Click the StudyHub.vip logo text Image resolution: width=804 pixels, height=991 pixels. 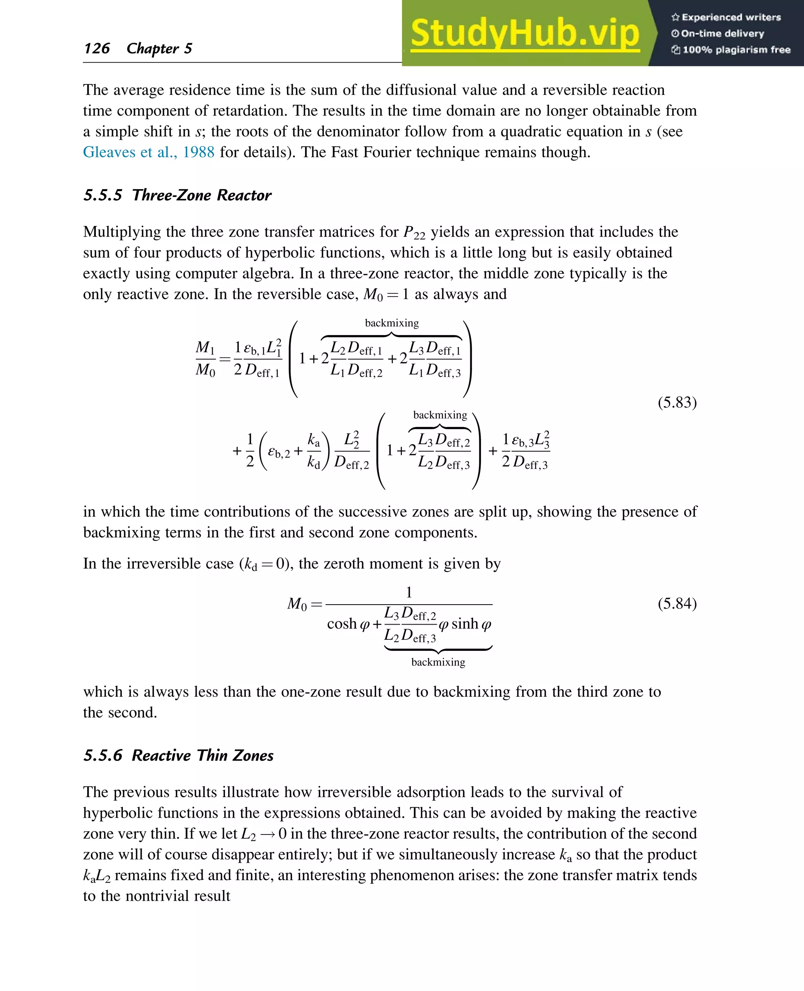(x=525, y=33)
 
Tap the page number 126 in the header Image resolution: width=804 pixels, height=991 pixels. (x=97, y=48)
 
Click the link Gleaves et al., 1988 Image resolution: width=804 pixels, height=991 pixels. (x=148, y=152)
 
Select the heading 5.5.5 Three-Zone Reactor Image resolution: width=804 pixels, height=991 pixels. (x=177, y=195)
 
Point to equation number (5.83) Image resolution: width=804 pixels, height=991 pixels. (x=677, y=402)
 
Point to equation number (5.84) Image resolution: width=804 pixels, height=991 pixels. (x=677, y=603)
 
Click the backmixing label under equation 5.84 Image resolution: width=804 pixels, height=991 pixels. (x=438, y=662)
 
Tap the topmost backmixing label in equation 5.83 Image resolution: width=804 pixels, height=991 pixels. (x=391, y=323)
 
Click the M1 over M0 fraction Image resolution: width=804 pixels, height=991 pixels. (x=205, y=359)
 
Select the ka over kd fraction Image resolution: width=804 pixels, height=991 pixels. (x=314, y=451)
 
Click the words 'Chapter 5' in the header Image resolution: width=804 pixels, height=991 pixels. (x=159, y=48)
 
